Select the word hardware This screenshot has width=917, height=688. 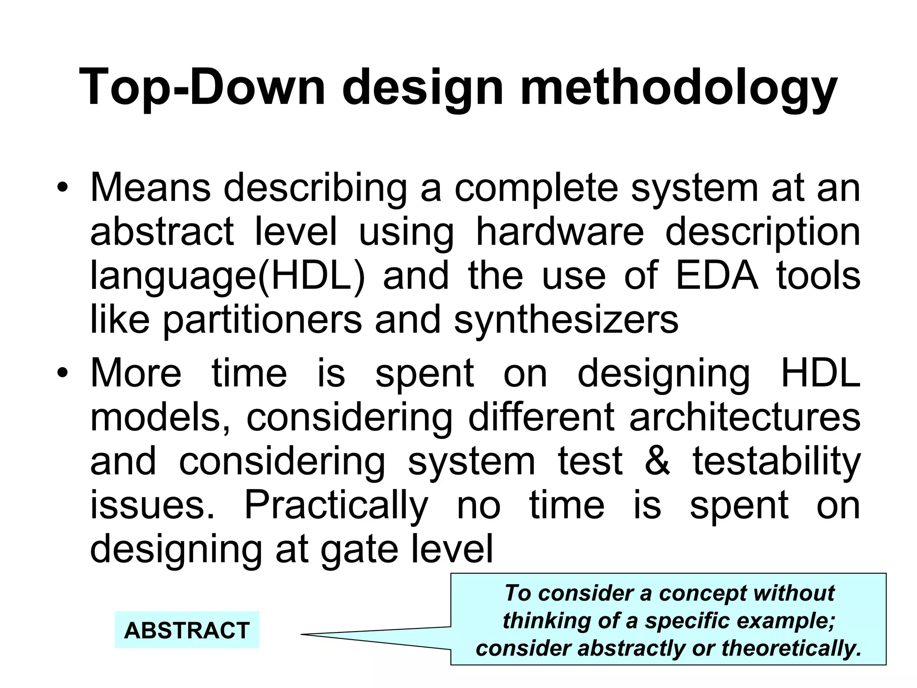pyautogui.click(x=559, y=231)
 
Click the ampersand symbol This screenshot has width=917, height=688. pyautogui.click(x=657, y=461)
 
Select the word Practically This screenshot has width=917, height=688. pyautogui.click(x=336, y=505)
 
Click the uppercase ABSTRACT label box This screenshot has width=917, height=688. pyautogui.click(x=187, y=630)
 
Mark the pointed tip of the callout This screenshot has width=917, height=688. pyautogui.click(x=302, y=634)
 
